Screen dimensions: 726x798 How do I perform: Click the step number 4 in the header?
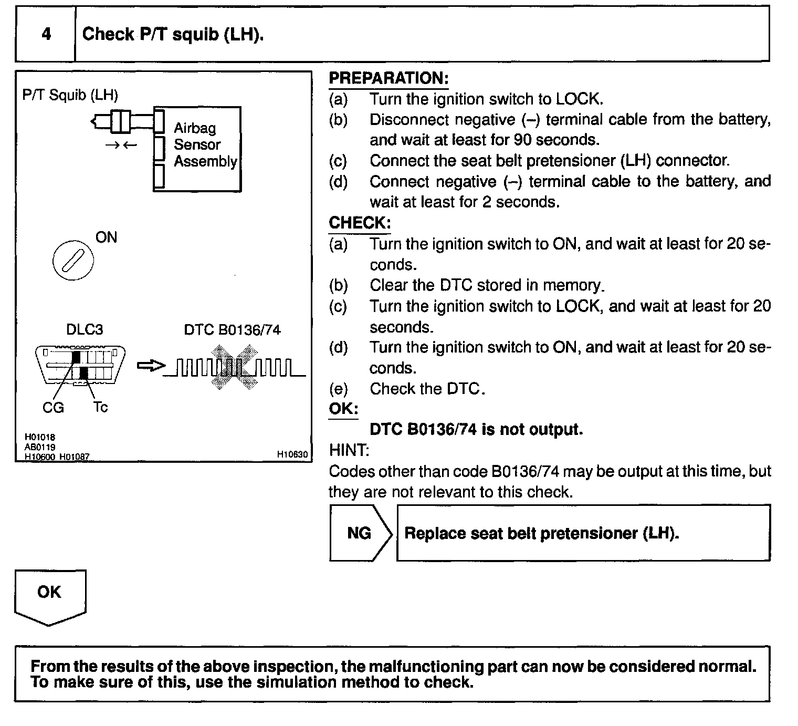[x=46, y=34]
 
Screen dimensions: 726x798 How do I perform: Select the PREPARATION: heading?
[x=388, y=78]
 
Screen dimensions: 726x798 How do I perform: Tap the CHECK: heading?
[x=360, y=223]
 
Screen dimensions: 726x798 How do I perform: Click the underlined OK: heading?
[x=343, y=409]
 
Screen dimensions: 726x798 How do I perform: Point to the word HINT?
[x=349, y=450]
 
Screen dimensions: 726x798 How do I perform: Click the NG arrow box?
[x=360, y=533]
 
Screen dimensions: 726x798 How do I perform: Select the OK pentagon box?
[x=49, y=596]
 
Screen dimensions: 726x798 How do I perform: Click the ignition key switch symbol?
[x=73, y=261]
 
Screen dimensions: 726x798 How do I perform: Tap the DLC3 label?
[x=85, y=330]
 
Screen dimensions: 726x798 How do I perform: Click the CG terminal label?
[x=53, y=407]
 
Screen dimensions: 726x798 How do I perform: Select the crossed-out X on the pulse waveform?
[x=235, y=367]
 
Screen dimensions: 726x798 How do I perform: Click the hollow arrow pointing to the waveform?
[x=151, y=366]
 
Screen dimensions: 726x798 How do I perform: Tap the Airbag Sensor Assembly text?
[x=205, y=144]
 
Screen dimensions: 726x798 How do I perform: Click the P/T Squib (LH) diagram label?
[x=70, y=95]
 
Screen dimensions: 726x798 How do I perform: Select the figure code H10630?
[x=292, y=454]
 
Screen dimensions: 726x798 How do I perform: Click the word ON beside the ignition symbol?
[x=106, y=237]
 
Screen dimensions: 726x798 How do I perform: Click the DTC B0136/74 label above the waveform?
[x=232, y=330]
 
